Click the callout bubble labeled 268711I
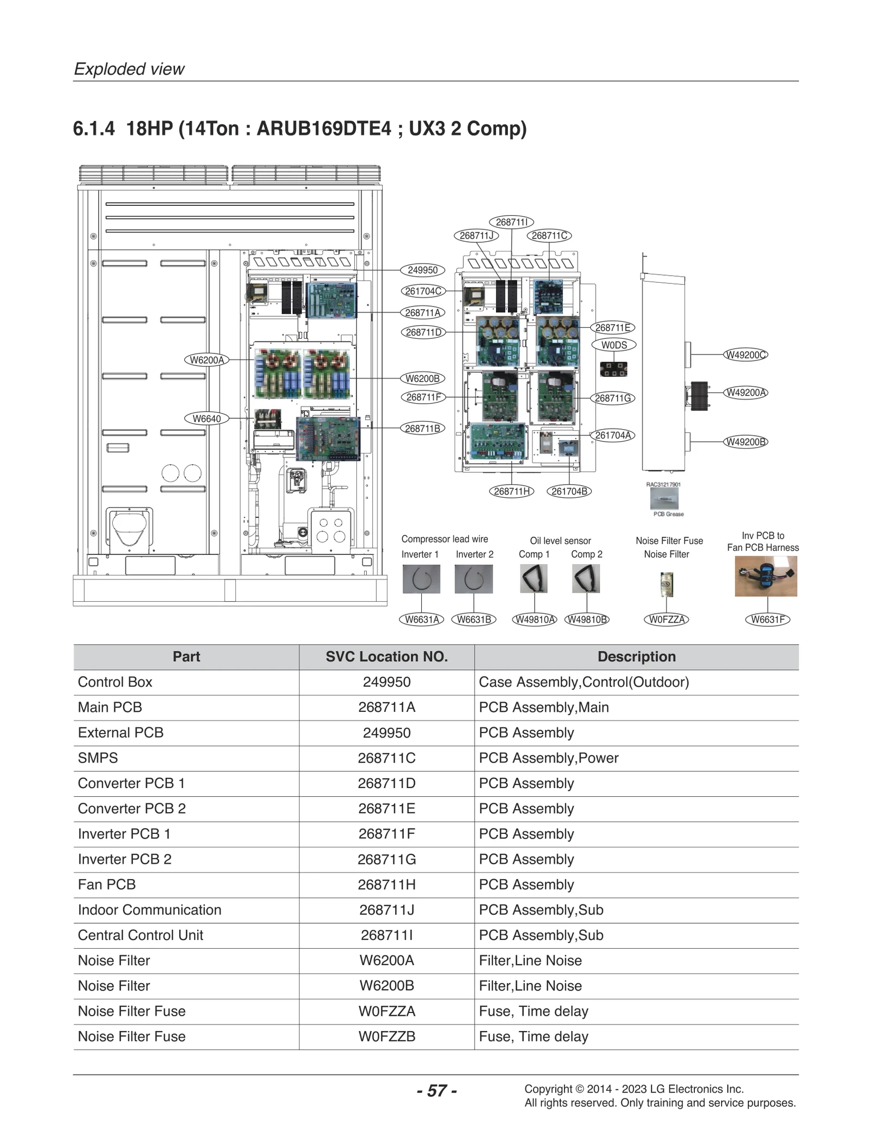pyautogui.click(x=511, y=222)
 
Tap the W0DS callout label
pyautogui.click(x=614, y=345)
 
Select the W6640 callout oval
pyautogui.click(x=207, y=419)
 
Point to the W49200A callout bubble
pyautogui.click(x=745, y=393)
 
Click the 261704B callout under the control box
pyautogui.click(x=570, y=491)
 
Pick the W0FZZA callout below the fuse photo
pyautogui.click(x=667, y=619)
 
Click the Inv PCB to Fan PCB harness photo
pyautogui.click(x=766, y=576)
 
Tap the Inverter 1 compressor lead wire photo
pyautogui.click(x=421, y=579)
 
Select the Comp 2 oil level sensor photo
pyautogui.click(x=586, y=578)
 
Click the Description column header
pyautogui.click(x=636, y=657)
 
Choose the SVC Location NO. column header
pyautogui.click(x=386, y=657)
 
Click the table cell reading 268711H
pyautogui.click(x=386, y=884)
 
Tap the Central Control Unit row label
pyautogui.click(x=141, y=935)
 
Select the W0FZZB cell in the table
pyautogui.click(x=386, y=1036)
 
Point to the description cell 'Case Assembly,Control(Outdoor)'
pyautogui.click(x=584, y=682)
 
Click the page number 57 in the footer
pyautogui.click(x=437, y=1090)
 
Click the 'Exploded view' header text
pyautogui.click(x=129, y=69)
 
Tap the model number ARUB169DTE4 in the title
pyautogui.click(x=324, y=129)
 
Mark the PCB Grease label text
pyautogui.click(x=668, y=514)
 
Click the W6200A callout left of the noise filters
pyautogui.click(x=207, y=360)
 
